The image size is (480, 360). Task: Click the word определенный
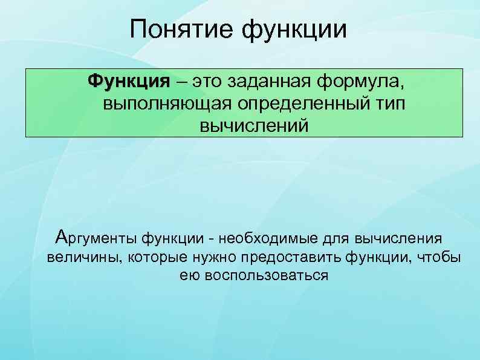(x=299, y=103)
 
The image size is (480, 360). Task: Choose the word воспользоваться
(x=267, y=277)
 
